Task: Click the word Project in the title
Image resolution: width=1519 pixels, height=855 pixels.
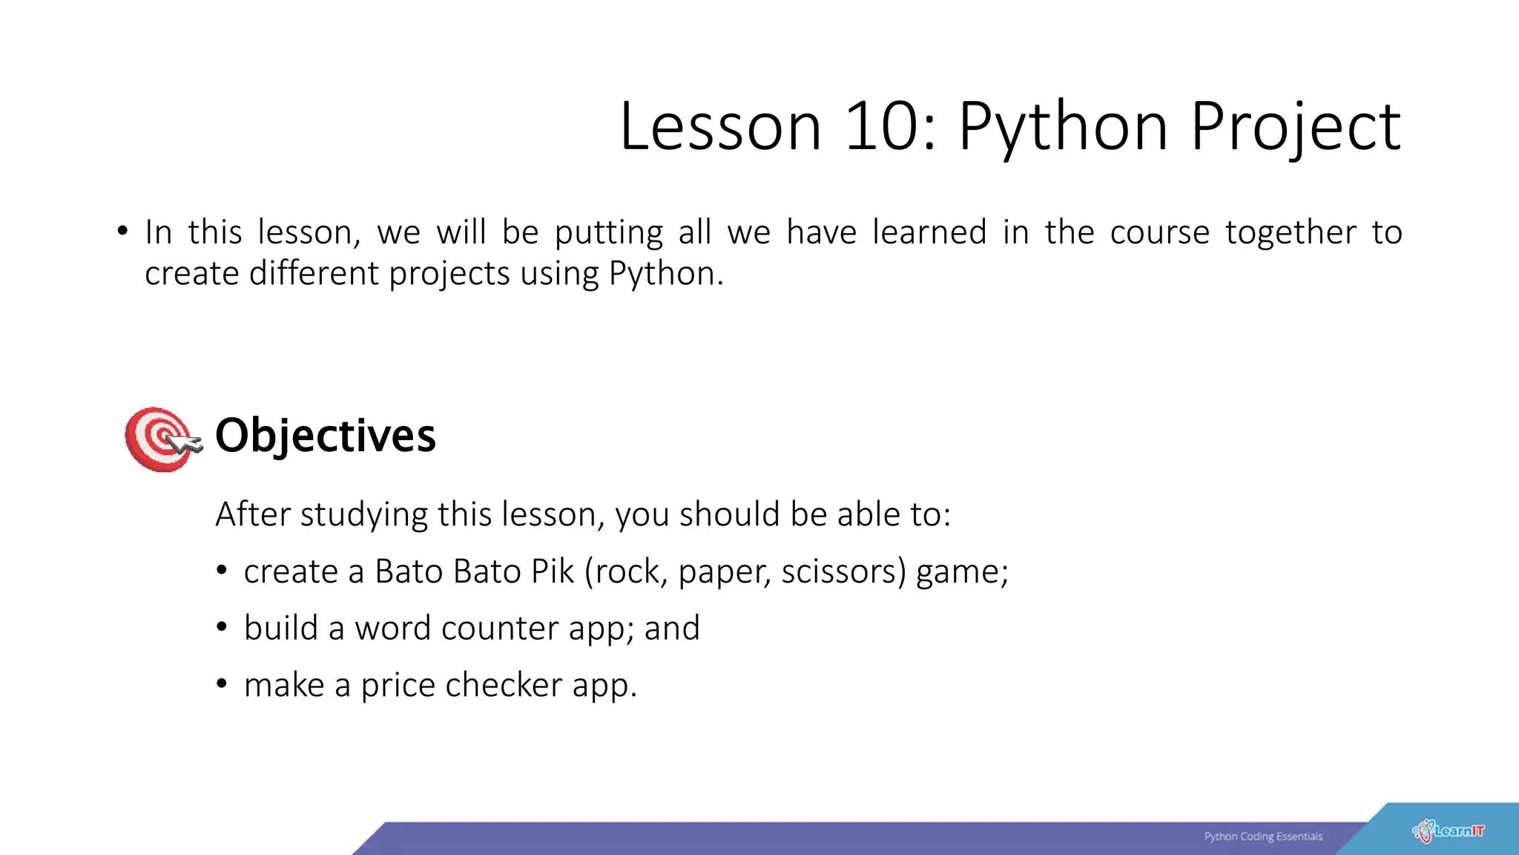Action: coord(1296,128)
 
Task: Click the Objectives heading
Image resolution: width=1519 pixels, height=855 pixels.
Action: coord(325,435)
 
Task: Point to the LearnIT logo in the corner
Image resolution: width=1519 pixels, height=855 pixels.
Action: coord(1449,831)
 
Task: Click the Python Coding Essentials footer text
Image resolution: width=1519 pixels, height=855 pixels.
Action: coord(1263,836)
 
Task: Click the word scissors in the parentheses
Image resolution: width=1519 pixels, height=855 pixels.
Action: coord(843,571)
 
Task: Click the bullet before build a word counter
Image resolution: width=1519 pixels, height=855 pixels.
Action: coord(221,628)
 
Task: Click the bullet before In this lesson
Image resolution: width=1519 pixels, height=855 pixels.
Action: coord(122,232)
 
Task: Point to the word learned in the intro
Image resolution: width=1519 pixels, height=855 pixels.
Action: coord(929,232)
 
